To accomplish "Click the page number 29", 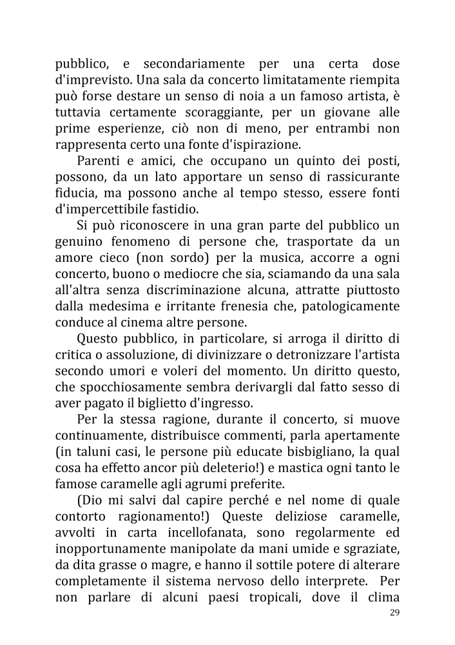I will pos(394,612).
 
